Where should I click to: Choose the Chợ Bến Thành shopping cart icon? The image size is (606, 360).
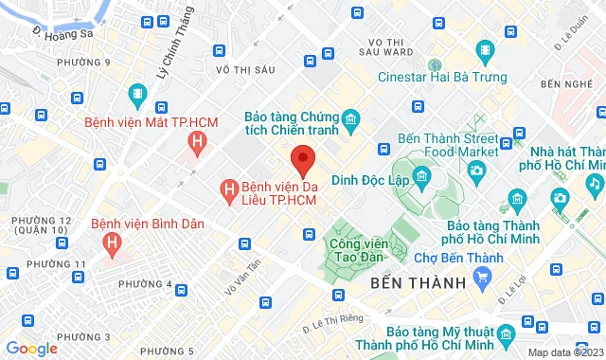[483, 277]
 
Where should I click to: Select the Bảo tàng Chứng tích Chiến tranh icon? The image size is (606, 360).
[350, 118]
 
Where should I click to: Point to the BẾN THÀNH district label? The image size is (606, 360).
[419, 283]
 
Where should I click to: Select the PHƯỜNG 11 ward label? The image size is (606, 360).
[57, 263]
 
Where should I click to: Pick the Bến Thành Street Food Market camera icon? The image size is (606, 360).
[476, 170]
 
